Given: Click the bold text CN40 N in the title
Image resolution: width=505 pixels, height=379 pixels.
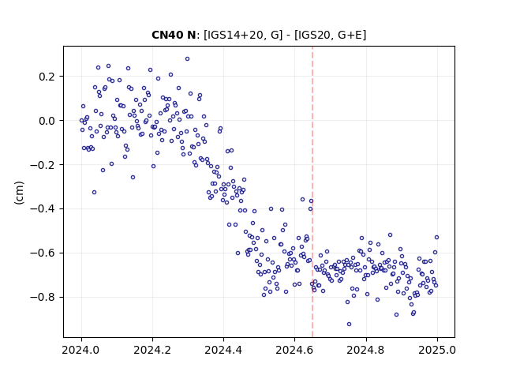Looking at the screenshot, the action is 174,35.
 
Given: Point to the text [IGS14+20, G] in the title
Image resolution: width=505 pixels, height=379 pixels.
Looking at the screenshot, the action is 243,35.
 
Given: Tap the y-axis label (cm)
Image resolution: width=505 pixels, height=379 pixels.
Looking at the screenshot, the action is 19,193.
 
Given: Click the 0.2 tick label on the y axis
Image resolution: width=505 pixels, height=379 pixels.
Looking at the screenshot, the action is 47,77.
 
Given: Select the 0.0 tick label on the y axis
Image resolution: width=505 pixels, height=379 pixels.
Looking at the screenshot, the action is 47,121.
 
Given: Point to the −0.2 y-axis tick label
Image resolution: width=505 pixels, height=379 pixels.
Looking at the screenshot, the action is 43,165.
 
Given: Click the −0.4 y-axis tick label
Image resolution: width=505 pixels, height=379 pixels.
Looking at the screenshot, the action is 43,209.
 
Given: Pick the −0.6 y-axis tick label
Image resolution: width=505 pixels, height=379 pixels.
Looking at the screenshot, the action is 43,253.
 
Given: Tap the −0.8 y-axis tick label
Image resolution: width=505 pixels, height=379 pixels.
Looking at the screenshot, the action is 43,297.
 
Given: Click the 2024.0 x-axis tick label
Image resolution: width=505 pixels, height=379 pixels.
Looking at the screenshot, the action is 81,350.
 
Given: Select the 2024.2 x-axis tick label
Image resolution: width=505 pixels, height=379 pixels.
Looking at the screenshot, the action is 152,350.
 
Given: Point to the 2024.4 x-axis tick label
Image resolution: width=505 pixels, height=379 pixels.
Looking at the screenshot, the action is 223,350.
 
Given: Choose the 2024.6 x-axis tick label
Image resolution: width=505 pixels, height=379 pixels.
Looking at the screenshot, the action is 294,350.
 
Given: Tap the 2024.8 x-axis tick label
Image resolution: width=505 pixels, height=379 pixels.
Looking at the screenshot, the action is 366,350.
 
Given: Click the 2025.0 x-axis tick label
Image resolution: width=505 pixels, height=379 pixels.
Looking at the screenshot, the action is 437,350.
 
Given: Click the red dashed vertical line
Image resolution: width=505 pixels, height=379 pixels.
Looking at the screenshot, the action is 312,192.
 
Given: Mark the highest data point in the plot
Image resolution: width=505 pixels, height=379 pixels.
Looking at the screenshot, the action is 188,59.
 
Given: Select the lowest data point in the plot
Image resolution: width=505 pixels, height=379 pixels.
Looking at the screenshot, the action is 349,325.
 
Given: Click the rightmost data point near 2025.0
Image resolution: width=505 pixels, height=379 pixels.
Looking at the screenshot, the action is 436,238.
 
